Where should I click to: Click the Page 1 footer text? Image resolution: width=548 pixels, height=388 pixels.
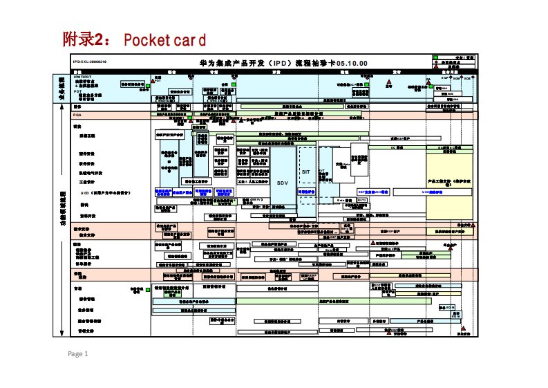pos(77,354)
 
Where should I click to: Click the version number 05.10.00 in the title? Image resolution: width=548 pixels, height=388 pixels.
pos(352,63)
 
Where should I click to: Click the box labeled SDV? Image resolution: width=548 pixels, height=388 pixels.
pos(282,183)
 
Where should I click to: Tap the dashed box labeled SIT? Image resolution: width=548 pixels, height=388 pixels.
pos(307,172)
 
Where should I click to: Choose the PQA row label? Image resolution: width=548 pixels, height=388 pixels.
pos(77,115)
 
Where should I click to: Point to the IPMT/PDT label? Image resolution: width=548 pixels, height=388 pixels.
pos(82,76)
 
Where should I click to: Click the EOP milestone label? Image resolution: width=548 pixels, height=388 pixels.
pos(445,78)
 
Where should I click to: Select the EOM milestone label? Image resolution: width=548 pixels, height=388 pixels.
pos(456,78)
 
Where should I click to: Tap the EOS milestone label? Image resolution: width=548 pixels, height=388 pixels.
pos(468,78)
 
